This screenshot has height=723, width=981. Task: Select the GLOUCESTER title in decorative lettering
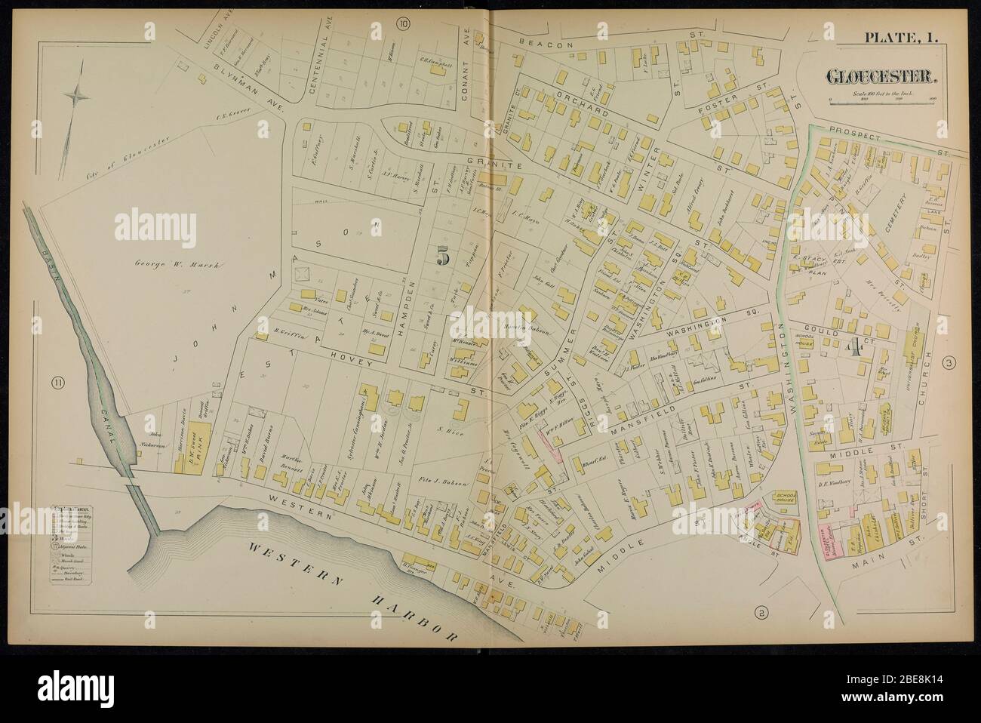click(881, 78)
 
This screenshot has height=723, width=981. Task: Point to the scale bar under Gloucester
click(881, 99)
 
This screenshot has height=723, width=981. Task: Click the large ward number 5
click(443, 255)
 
